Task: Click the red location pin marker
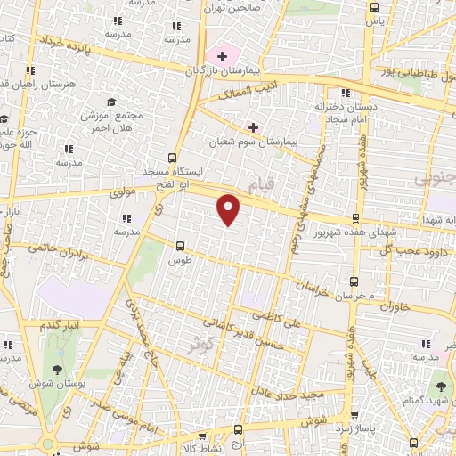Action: (x=229, y=208)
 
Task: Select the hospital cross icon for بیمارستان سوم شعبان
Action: (x=254, y=127)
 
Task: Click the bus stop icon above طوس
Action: (x=181, y=246)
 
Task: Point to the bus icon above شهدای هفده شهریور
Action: (x=356, y=218)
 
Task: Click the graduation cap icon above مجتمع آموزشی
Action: (x=111, y=102)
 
